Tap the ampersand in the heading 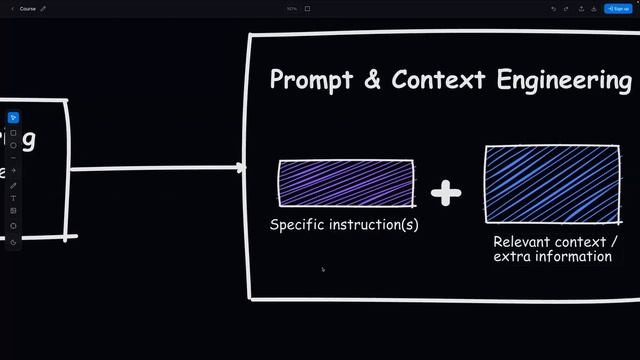372,81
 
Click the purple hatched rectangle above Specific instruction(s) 346,183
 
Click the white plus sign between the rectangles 446,192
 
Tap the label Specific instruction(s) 344,225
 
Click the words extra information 552,257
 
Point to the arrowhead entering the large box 241,168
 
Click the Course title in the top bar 28,8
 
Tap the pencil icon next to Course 43,8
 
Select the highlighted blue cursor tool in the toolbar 13,118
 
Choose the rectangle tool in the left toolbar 13,133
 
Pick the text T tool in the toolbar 13,198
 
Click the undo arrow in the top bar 553,8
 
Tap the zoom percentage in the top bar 292,8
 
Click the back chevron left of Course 11,8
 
